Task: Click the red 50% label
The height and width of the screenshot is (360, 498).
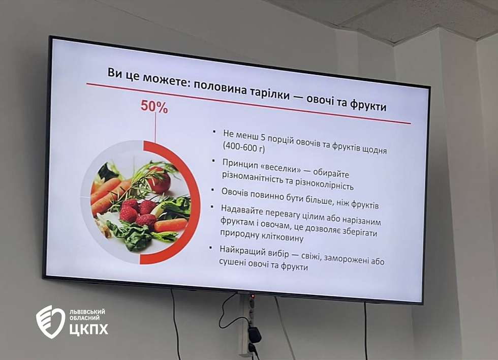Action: point(154,106)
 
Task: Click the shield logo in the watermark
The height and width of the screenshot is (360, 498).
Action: point(50,321)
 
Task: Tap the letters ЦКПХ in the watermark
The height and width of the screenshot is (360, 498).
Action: point(88,329)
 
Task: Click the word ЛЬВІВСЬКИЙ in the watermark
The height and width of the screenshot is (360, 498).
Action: point(87,312)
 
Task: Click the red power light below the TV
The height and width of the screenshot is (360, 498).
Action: point(253,296)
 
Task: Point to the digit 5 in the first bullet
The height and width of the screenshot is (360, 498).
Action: point(263,137)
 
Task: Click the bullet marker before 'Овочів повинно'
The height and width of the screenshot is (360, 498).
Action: point(213,190)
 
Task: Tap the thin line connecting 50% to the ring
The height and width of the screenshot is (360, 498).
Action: point(155,127)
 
